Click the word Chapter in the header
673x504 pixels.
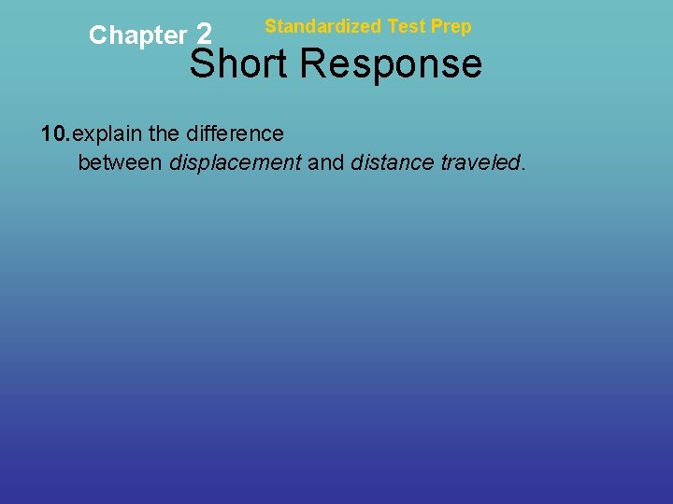137,36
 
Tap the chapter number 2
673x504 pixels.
206,35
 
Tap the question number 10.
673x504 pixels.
55,134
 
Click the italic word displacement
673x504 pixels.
235,163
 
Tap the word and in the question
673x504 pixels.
326,163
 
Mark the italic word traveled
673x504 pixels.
480,163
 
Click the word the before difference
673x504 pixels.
167,134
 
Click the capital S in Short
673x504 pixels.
204,64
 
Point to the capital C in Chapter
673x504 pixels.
97,35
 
